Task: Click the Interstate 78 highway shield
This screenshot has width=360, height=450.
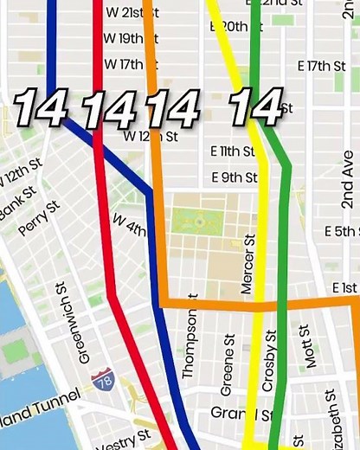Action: (x=102, y=378)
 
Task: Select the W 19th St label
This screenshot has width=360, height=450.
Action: (x=124, y=38)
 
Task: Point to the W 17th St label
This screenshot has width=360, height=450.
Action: (x=124, y=64)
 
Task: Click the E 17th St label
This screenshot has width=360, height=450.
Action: (x=320, y=66)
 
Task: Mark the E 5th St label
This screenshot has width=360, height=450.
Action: (x=341, y=231)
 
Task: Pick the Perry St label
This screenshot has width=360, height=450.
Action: (x=40, y=220)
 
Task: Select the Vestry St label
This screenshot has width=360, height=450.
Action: (x=122, y=445)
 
